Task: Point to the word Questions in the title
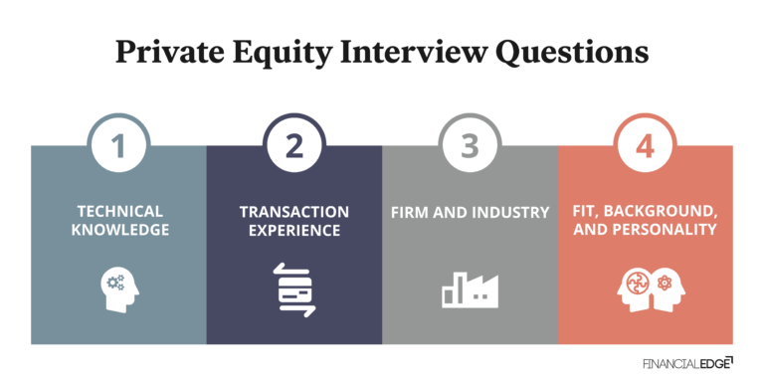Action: (x=564, y=52)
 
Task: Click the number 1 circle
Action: (x=118, y=147)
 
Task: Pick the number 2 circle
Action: (x=294, y=147)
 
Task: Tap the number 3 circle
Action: (x=470, y=147)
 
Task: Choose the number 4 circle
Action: (x=646, y=147)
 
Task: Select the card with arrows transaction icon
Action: (x=294, y=289)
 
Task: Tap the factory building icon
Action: (x=470, y=288)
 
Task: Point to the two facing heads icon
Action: (x=646, y=288)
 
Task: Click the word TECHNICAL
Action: (x=118, y=212)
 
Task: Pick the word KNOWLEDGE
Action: (x=118, y=231)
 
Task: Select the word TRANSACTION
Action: (x=294, y=212)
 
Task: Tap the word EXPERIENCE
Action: (x=294, y=231)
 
